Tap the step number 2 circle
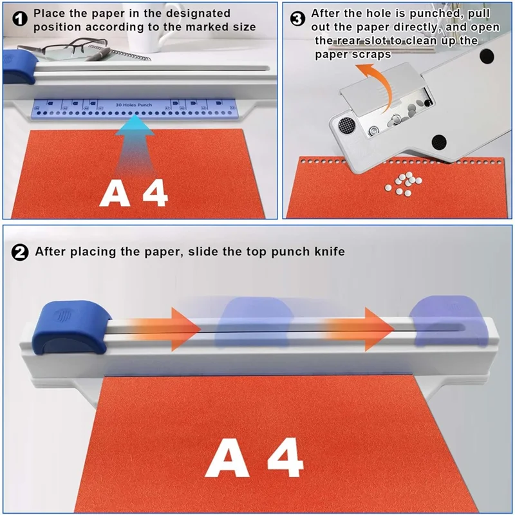(21, 252)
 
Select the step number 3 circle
(298, 19)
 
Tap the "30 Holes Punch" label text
(134, 104)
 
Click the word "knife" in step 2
(328, 252)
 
